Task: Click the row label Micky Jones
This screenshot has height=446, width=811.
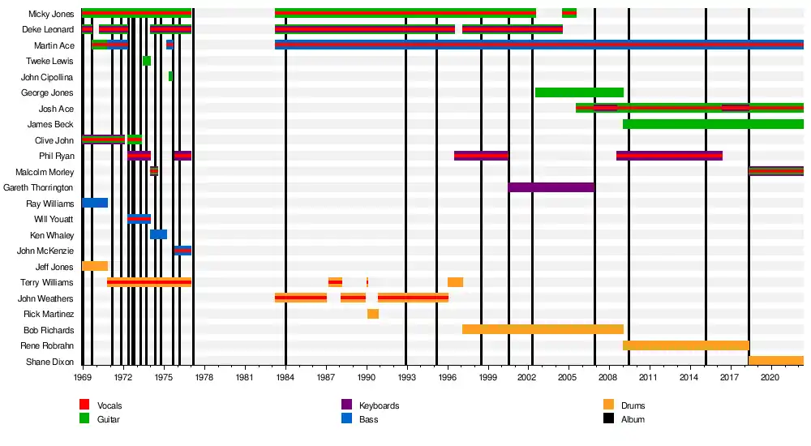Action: (51, 14)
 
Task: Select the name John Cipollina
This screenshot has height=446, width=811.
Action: (47, 77)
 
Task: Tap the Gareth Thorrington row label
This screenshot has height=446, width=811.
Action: (38, 187)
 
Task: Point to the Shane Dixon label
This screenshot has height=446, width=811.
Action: (49, 362)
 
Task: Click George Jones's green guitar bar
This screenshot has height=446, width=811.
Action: (579, 92)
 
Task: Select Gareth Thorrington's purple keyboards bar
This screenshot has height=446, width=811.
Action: (551, 187)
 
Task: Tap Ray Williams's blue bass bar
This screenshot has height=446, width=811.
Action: (95, 203)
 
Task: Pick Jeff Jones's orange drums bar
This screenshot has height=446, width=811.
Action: (95, 266)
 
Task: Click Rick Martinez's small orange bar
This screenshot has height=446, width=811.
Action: (373, 314)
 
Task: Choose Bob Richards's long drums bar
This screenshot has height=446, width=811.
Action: (543, 329)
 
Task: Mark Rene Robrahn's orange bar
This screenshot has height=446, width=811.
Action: (685, 345)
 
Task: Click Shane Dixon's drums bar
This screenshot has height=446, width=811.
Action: (776, 361)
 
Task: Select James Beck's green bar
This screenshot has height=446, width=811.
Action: (713, 124)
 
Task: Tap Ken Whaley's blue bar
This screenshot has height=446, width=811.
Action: (158, 234)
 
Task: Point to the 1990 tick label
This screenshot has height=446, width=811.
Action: (367, 377)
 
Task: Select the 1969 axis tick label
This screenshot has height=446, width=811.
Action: (83, 377)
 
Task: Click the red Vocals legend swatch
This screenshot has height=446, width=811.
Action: (84, 405)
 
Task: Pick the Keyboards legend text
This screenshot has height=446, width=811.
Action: (379, 405)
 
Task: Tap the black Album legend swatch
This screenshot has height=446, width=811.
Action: (608, 419)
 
